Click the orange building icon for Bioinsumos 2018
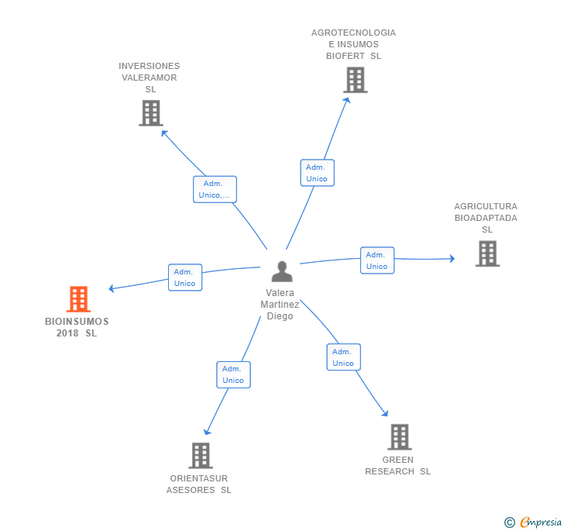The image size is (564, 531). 78,298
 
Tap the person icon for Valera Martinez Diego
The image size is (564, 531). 282,271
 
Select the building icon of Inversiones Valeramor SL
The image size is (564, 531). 151,113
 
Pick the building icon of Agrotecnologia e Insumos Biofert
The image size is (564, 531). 356,80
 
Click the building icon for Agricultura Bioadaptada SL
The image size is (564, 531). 487,253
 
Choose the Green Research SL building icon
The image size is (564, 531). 400,437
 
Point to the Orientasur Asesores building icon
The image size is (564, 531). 201,455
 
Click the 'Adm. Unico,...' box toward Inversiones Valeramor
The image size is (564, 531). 215,189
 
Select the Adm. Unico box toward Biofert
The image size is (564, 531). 318,173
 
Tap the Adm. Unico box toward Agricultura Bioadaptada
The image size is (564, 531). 377,260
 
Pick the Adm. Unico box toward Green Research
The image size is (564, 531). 343,357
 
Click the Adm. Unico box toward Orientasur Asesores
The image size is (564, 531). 233,374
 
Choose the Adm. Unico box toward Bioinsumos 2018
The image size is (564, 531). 185,278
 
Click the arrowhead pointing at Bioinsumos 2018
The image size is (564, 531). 112,288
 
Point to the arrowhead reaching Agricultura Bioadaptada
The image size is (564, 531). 452,258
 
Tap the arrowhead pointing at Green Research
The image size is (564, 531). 385,413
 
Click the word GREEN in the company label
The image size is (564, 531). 398,460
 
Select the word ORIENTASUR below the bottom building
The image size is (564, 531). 199,478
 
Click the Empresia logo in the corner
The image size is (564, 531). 533,522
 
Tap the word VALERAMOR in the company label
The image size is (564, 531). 150,78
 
